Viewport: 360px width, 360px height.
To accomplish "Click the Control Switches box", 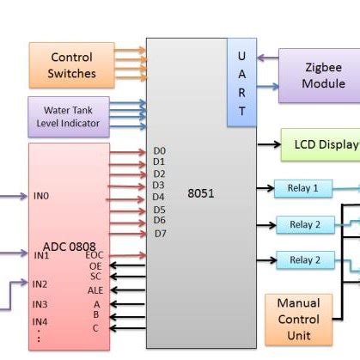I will tap(71, 64).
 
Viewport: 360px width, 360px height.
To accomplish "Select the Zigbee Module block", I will tap(323, 75).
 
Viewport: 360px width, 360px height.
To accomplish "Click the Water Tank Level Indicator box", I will tap(68, 117).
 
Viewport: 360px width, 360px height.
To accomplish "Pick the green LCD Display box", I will tap(320, 144).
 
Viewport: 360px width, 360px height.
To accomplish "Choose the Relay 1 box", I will tap(303, 188).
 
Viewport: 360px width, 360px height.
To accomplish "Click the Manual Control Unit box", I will tap(298, 319).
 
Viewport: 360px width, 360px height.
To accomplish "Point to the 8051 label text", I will tap(200, 193).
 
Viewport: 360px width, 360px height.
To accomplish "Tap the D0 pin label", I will tap(159, 151).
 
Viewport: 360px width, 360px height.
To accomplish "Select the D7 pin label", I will tap(160, 233).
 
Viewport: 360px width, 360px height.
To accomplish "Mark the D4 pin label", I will tap(159, 197).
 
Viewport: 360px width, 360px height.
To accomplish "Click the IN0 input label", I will tap(41, 196).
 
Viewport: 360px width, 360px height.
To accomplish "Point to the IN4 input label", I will tap(40, 322).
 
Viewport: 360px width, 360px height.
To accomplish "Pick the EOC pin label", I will tap(95, 255).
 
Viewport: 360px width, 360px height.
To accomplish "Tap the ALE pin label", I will tap(95, 290).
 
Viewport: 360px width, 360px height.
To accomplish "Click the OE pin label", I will tap(95, 266).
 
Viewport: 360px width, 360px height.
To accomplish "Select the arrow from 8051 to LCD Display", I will tap(268, 144).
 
